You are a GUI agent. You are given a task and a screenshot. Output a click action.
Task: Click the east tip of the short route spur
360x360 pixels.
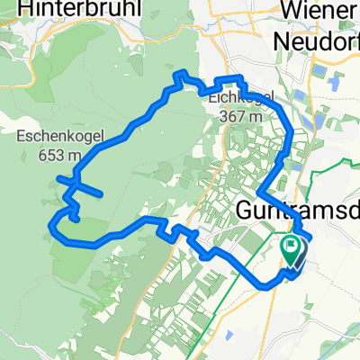click(x=99, y=193)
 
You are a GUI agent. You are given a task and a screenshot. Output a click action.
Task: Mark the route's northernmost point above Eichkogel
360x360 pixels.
click(x=184, y=73)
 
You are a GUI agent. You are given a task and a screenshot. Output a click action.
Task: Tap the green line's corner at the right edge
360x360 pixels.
click(x=354, y=160)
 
